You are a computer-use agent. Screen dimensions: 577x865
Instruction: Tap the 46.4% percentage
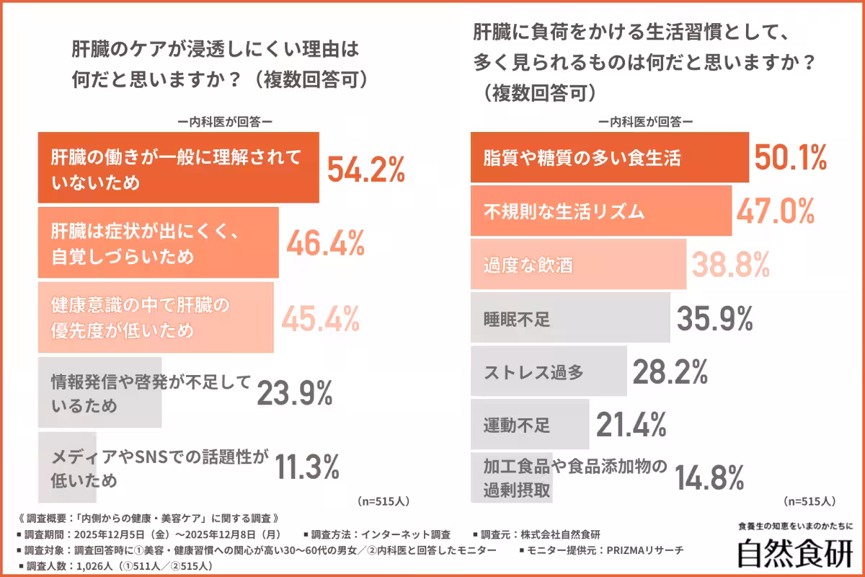coord(324,245)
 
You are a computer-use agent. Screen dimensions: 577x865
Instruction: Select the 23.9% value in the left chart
coord(295,393)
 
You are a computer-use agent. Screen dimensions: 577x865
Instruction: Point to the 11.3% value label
coord(307,467)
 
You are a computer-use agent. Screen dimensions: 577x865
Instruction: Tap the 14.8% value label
coord(709,477)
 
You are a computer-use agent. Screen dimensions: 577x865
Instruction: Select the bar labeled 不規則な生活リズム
coord(600,211)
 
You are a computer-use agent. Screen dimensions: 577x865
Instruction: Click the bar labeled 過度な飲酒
coord(577,264)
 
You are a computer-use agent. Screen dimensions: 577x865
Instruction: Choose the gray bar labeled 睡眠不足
coord(569,317)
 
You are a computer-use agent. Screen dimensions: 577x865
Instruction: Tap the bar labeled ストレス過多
coord(548,371)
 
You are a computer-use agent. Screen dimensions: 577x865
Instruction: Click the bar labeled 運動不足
coord(529,425)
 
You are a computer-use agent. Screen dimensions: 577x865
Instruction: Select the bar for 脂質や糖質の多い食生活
coord(609,158)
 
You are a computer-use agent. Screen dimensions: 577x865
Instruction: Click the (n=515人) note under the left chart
coord(384,500)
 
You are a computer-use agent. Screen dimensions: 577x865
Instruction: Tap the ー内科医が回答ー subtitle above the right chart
coord(645,122)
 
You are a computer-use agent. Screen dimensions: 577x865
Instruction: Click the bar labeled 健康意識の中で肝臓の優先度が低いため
coord(155,317)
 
